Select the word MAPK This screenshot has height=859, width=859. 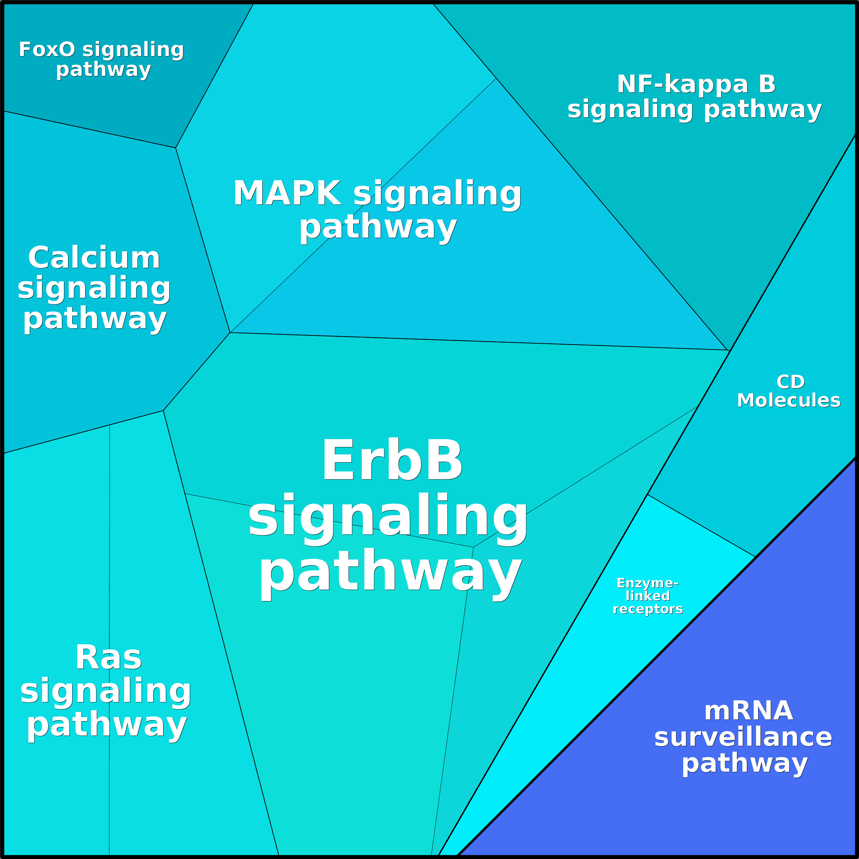pos(287,194)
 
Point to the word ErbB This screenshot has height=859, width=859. pos(392,460)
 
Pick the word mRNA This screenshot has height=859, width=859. pos(749,711)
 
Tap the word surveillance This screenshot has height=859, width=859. pos(743,737)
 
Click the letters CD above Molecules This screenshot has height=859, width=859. pos(791,382)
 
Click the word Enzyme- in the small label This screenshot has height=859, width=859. pos(647,583)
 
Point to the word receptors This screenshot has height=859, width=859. pos(647,609)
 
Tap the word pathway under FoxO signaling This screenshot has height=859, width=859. pos(104,70)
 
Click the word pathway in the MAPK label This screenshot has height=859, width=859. pos(378,227)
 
